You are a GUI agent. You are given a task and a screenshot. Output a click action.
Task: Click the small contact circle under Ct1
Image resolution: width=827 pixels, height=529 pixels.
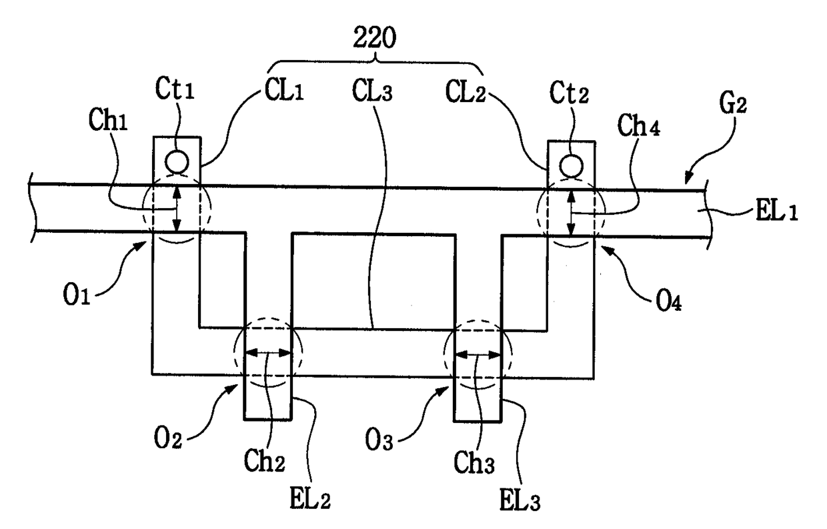177,161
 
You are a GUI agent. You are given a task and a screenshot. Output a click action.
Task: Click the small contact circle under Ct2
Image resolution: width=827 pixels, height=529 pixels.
570,163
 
